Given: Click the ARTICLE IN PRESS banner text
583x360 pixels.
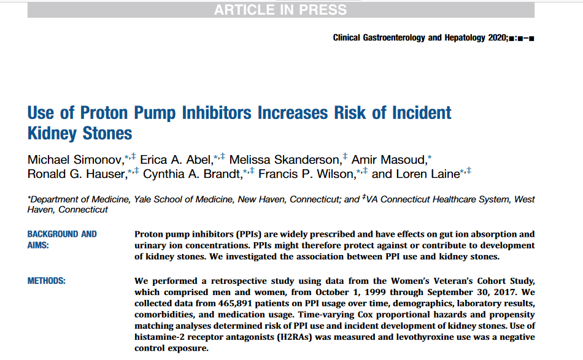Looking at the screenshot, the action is (x=280, y=10).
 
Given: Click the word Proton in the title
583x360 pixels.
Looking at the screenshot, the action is (x=104, y=113).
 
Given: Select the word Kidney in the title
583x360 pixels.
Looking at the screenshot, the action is (x=52, y=133).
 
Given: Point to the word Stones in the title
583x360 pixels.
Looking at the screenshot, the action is (x=107, y=133).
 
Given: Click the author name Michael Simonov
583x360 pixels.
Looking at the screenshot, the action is (x=75, y=159).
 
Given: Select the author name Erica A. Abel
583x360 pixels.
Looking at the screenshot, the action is (x=176, y=159).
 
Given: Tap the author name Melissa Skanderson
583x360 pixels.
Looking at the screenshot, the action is (x=284, y=159).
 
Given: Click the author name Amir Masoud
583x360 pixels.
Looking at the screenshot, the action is (x=388, y=159).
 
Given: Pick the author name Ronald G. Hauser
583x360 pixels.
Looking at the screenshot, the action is (x=76, y=174).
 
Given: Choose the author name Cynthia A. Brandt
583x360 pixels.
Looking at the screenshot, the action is (x=192, y=174).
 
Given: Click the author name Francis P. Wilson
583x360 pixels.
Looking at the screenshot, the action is (x=306, y=174).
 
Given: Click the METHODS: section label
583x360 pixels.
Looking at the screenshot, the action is (x=47, y=281).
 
